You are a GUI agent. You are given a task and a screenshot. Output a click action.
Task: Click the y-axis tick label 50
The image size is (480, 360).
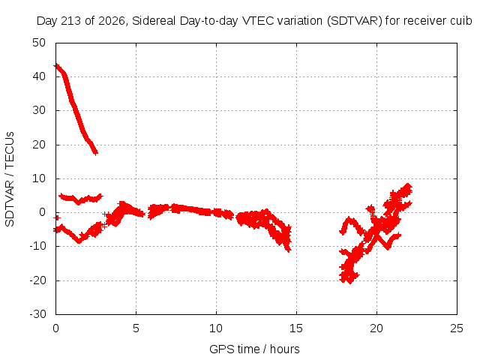[x=39, y=43]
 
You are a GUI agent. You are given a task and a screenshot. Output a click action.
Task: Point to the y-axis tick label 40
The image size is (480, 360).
[x=39, y=76]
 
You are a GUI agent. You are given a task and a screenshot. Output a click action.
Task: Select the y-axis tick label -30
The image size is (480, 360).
[x=37, y=314]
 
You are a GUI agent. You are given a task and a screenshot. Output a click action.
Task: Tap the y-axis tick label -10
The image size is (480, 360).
[x=37, y=246]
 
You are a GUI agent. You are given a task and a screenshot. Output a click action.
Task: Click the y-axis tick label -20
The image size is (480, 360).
[x=37, y=280]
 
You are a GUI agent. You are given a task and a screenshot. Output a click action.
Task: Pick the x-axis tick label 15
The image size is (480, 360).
[x=296, y=328]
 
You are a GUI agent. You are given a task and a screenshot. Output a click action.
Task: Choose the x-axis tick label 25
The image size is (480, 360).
[x=457, y=328]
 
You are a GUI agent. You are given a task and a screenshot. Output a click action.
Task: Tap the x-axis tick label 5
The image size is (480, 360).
[x=136, y=328]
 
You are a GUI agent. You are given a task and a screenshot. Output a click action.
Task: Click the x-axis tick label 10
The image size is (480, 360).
[x=216, y=328]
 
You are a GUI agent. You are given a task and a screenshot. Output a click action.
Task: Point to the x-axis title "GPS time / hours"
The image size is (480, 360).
[x=254, y=349]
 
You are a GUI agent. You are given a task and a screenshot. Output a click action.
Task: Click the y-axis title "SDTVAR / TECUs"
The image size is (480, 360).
[x=10, y=179]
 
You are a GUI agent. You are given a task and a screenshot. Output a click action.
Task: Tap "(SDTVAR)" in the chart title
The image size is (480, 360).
[x=355, y=21]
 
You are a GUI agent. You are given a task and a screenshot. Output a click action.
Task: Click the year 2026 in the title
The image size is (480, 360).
[x=112, y=21]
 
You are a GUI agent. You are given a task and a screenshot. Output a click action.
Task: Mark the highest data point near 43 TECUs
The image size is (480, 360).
[x=56, y=65]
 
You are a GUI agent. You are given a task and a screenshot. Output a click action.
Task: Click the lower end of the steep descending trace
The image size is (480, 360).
[x=96, y=152]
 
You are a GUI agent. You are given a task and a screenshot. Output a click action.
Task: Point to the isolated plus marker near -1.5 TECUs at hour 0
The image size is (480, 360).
[x=57, y=217]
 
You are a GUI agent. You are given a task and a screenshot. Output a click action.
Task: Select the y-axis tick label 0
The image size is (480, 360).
[x=43, y=212]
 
